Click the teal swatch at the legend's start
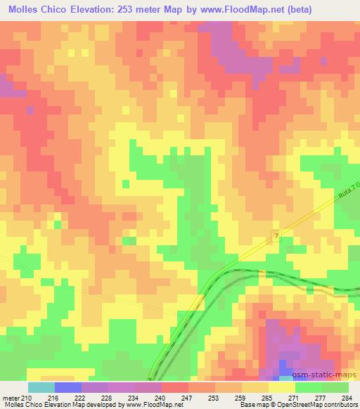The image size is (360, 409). pos(41,387)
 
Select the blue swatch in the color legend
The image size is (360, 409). pos(68,387)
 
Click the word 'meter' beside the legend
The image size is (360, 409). pos(10,398)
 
